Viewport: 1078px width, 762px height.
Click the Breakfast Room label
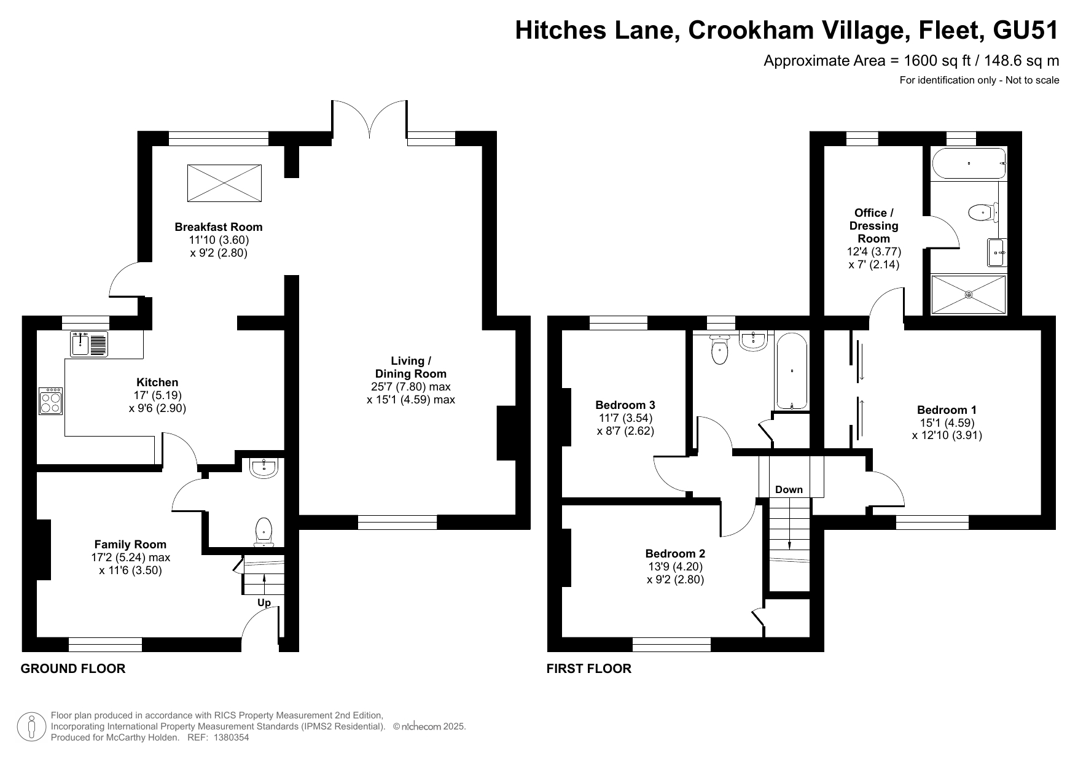(219, 227)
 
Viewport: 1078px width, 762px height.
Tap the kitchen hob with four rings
(51, 402)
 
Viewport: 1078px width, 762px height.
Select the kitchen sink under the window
(89, 344)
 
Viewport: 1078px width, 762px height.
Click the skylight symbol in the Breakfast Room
(224, 182)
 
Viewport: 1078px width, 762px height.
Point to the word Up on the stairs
(264, 603)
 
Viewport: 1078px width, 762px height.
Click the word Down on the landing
(789, 489)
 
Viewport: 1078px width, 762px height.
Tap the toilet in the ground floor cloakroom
(264, 531)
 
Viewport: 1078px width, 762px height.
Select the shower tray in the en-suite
(969, 295)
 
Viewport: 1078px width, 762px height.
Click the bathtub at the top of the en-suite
(969, 163)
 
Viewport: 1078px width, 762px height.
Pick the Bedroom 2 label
(675, 553)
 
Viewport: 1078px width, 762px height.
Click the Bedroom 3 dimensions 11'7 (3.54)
(625, 418)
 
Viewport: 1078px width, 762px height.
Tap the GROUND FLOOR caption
(73, 669)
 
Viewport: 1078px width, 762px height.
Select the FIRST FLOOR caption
(589, 669)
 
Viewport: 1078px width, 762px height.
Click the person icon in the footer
(32, 727)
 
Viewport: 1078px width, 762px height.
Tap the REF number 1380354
(231, 738)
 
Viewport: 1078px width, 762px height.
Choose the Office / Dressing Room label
(874, 225)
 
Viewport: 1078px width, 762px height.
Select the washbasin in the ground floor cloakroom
(264, 468)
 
